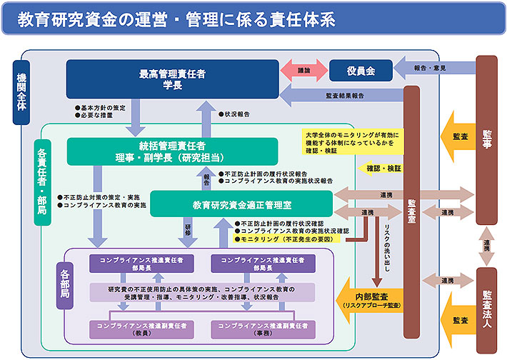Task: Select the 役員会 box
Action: pyautogui.click(x=361, y=71)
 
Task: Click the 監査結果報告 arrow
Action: pyautogui.click(x=343, y=94)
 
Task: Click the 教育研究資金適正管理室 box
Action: pyautogui.click(x=241, y=204)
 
